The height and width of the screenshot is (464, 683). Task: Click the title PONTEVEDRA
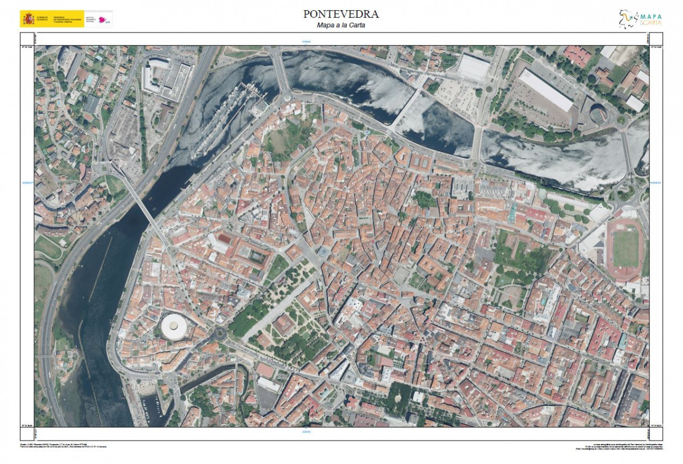click(x=341, y=14)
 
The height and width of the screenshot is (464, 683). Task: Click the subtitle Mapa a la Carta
click(x=341, y=25)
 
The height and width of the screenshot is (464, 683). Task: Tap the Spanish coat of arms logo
click(x=28, y=19)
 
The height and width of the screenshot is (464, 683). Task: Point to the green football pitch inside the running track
click(x=625, y=249)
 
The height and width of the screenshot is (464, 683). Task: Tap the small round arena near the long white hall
click(x=598, y=115)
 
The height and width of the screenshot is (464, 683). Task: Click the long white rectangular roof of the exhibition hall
click(x=546, y=89)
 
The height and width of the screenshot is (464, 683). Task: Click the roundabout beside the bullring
click(x=218, y=333)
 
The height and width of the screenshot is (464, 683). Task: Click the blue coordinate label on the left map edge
click(x=27, y=183)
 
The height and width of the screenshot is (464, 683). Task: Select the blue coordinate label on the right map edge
click(x=655, y=183)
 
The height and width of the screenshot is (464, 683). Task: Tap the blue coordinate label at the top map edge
click(x=306, y=42)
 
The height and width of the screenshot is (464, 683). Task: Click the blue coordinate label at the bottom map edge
click(x=306, y=432)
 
